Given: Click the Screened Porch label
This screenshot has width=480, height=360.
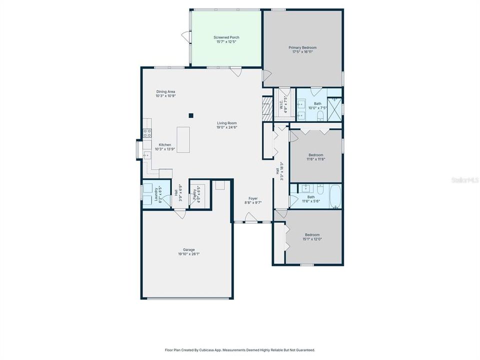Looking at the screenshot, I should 226,37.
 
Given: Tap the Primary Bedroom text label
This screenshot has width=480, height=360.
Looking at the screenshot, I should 302,48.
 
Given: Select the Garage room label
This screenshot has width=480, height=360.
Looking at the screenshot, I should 188,249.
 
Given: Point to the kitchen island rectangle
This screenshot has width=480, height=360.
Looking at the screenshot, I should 183,139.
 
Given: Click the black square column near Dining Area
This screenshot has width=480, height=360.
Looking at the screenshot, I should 190,115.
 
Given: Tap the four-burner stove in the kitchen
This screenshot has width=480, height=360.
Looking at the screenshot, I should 147,133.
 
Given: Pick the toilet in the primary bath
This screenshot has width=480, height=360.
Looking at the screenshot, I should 320,115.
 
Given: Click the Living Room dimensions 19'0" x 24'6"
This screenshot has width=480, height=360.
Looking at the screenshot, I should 226,127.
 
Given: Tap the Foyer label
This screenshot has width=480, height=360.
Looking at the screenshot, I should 253,198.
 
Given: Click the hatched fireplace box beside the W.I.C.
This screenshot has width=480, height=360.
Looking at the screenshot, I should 267,106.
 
